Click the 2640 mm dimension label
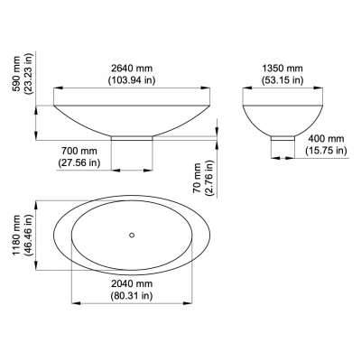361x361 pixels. tap(132, 68)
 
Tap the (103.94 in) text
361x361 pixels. tap(132, 80)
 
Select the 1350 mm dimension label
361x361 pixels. tap(282, 69)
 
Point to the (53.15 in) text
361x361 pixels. tap(282, 80)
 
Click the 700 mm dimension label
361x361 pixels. tap(79, 150)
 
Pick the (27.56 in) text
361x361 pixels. tap(79, 162)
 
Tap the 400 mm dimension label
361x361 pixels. tap(326, 139)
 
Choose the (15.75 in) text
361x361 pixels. tap(326, 150)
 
